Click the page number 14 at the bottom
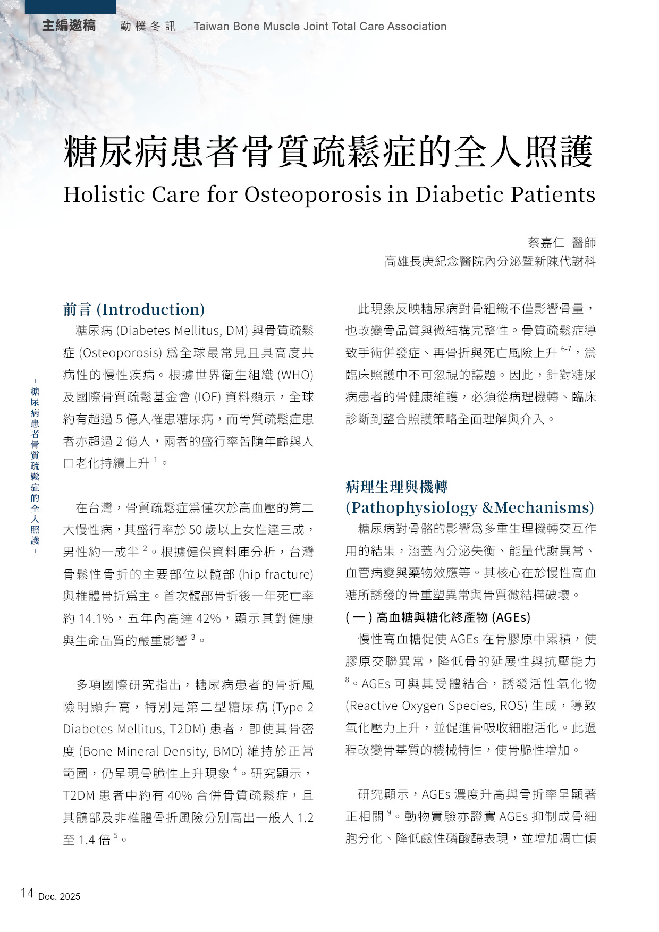(x=27, y=893)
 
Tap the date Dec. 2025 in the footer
(x=59, y=896)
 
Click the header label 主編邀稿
(x=69, y=26)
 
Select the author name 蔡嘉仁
(x=546, y=242)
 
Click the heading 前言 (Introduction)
(x=134, y=309)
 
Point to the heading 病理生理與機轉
(x=396, y=486)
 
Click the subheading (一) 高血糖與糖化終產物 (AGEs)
(x=438, y=617)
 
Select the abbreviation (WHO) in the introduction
(x=295, y=375)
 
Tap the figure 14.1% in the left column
(x=96, y=618)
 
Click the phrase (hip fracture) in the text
(x=276, y=574)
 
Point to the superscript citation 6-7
(x=566, y=349)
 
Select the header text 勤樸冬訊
(x=148, y=27)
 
